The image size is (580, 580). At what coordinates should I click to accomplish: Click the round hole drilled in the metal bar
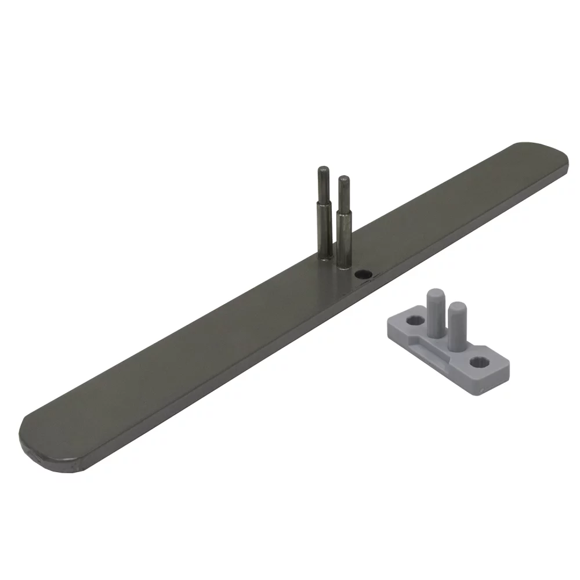364,274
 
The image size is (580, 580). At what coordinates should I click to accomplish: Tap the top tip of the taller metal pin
322,169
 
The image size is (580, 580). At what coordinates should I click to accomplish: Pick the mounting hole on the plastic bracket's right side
479,362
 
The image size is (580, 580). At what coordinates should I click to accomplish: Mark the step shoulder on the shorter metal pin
343,212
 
